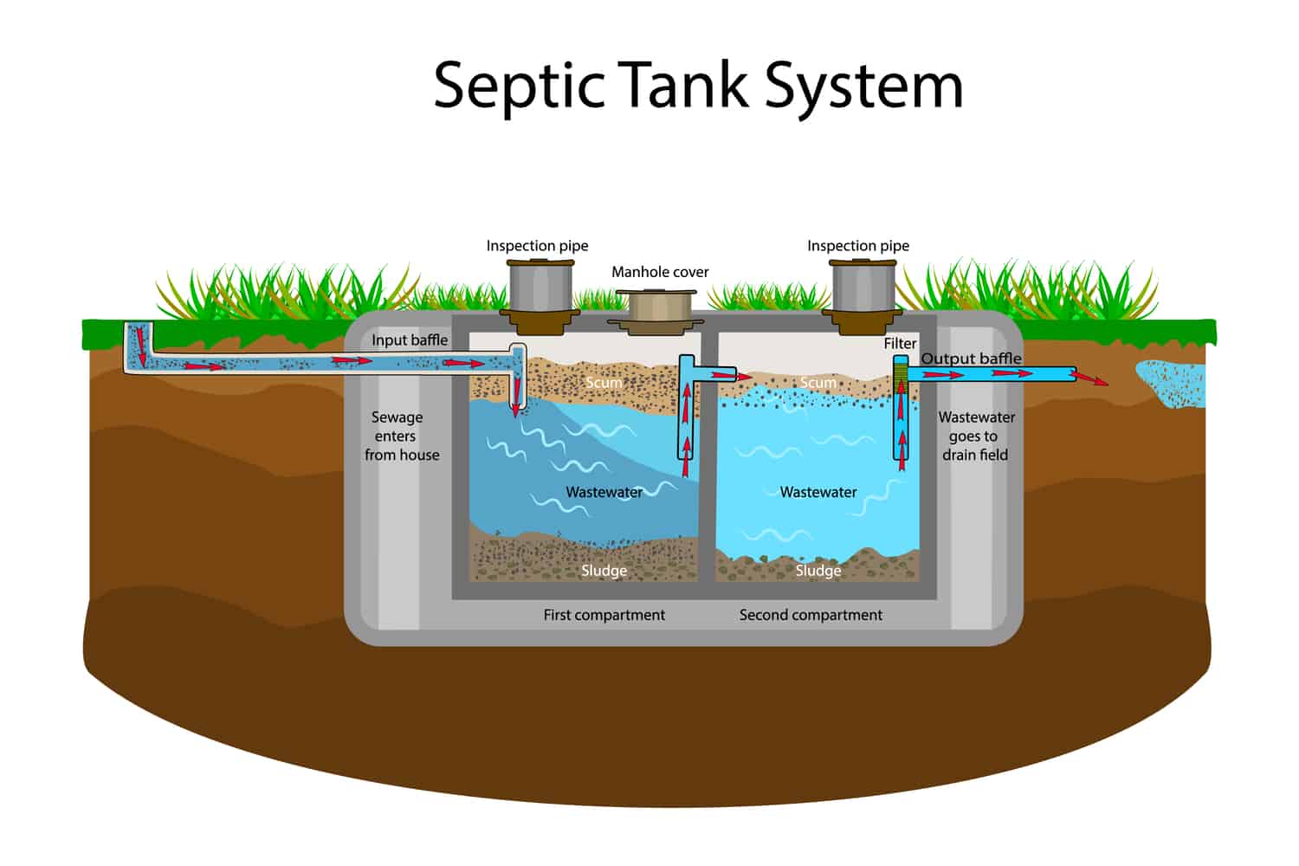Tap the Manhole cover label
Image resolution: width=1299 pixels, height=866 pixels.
tap(660, 272)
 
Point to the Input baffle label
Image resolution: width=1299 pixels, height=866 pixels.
tap(410, 340)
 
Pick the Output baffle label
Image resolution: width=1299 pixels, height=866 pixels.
tap(971, 359)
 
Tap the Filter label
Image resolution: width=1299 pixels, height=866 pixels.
tap(900, 344)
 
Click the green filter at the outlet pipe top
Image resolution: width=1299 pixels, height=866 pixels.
tap(901, 372)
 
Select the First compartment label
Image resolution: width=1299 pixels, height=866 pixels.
tap(604, 615)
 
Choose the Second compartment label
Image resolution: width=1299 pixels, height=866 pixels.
tap(811, 615)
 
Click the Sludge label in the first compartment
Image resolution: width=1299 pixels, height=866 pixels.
tap(604, 571)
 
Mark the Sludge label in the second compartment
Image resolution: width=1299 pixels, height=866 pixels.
tap(818, 571)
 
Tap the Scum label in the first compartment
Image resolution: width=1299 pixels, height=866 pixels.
tap(604, 383)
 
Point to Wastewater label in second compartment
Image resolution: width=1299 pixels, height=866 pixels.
tap(818, 492)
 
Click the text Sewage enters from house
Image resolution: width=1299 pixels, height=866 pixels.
tap(399, 436)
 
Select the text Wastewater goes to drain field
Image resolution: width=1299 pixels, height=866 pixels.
tap(976, 436)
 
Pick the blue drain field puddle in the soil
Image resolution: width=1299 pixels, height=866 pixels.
tap(1173, 382)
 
